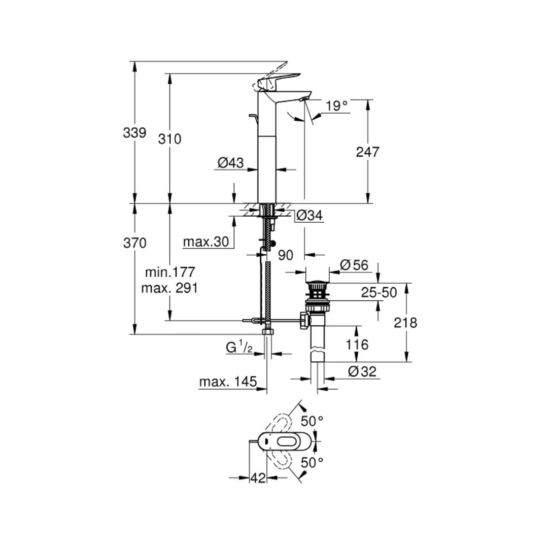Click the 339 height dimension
(x=134, y=133)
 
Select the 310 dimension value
(x=169, y=139)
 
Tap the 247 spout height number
(x=367, y=152)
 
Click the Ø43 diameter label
(x=230, y=163)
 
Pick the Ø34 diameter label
(x=309, y=216)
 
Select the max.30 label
(x=206, y=242)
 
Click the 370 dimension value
(x=134, y=243)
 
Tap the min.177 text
(x=170, y=272)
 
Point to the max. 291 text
(x=170, y=288)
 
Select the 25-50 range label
(x=379, y=292)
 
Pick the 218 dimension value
(x=405, y=322)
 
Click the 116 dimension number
(x=357, y=345)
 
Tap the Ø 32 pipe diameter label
(x=362, y=371)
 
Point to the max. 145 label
(x=228, y=382)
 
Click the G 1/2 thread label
(x=239, y=348)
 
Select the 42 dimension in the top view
(x=258, y=477)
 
